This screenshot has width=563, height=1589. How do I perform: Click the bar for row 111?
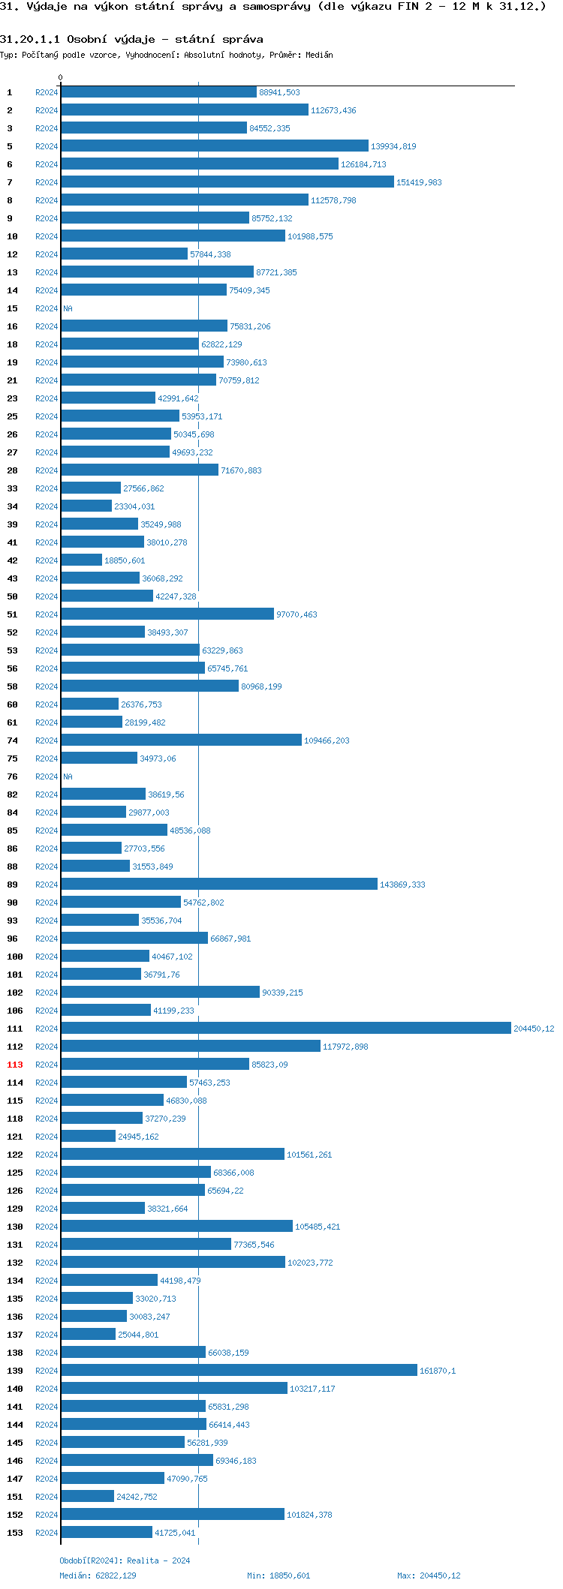(285, 1028)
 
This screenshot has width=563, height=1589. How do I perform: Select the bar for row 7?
(227, 182)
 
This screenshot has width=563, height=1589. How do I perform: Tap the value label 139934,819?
(393, 146)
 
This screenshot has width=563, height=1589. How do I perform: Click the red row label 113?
(15, 1065)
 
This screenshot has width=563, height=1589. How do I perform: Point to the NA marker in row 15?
(68, 308)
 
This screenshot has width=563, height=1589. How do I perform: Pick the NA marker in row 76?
(68, 776)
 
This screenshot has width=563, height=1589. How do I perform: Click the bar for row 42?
(81, 560)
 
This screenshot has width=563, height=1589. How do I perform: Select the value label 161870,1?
(437, 1371)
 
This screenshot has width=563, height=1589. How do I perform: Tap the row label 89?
(13, 885)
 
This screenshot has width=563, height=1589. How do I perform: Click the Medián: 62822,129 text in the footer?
(98, 1575)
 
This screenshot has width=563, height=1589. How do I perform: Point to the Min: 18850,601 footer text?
(278, 1575)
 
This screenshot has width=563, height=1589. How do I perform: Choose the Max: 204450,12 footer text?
(429, 1575)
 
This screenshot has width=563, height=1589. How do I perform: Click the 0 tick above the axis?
(61, 77)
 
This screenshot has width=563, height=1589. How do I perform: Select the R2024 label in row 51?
(47, 614)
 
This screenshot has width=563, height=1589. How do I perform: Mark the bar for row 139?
(239, 1370)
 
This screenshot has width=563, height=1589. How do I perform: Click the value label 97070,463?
(297, 614)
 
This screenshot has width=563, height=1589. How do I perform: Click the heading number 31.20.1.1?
(30, 39)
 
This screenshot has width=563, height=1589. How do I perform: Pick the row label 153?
(15, 1533)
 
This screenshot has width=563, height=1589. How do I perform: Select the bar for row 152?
(173, 1514)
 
